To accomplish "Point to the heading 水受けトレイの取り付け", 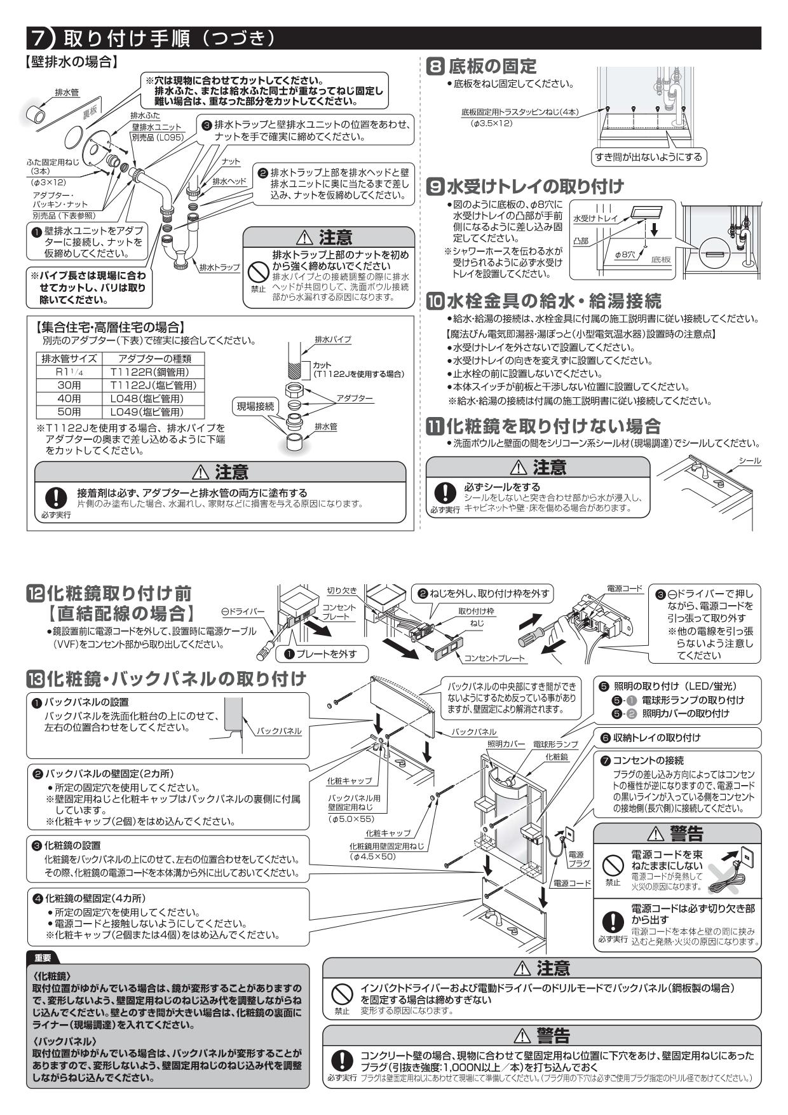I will click(x=534, y=186).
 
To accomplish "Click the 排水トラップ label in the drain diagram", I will click(x=219, y=268).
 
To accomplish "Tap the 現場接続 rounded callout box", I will click(x=255, y=406).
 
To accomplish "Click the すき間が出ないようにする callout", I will click(x=649, y=156).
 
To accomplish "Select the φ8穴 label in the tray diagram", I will click(x=625, y=254).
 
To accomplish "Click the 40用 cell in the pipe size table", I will click(x=69, y=399).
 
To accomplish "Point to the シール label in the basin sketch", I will click(x=750, y=461).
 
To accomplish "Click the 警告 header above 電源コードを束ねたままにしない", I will click(x=677, y=833).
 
